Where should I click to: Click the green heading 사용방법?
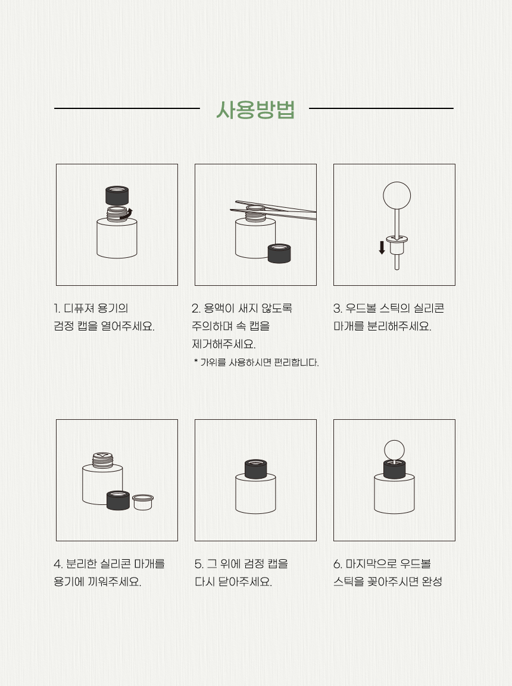point(255,110)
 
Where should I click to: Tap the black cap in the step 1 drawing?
point(117,195)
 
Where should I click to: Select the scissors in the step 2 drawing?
point(273,210)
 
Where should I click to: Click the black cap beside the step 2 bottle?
point(279,254)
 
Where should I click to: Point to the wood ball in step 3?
point(397,195)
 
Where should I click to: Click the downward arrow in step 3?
point(382,247)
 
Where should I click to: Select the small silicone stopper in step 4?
point(142,502)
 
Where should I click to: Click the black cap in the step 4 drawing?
point(118,500)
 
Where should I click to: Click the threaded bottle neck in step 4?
point(103,460)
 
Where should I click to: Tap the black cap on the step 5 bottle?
point(256,469)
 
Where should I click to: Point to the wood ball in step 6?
point(394,450)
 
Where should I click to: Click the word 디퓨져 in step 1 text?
point(79,308)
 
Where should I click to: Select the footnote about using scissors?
point(256,362)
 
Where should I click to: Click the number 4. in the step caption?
point(58,564)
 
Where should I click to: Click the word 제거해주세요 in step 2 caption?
point(223,344)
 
